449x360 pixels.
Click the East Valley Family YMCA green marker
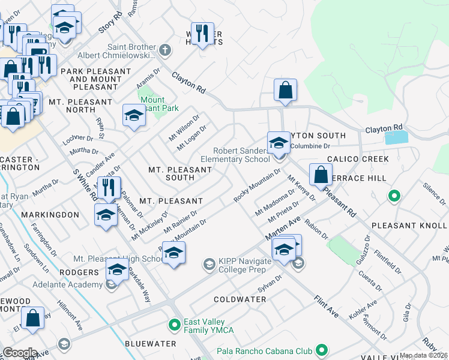174,325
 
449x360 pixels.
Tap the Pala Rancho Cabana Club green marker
321,349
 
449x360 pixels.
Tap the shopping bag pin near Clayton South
285,91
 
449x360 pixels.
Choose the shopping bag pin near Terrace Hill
321,175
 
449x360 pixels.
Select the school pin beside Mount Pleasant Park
134,115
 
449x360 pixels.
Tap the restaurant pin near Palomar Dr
109,188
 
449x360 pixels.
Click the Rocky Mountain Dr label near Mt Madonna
257,186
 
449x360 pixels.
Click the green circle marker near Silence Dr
394,196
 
